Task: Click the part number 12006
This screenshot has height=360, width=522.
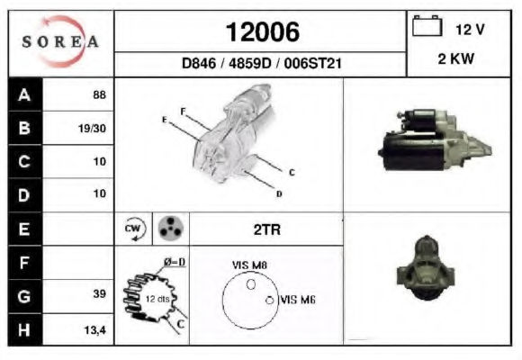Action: pos(263,32)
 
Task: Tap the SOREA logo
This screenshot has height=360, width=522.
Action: pos(60,41)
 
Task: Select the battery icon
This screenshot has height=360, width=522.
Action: pos(427,25)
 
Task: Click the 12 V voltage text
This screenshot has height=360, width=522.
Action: pos(470,30)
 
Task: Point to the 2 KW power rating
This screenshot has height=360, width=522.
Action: pos(455,58)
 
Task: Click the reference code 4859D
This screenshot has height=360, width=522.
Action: pos(250,63)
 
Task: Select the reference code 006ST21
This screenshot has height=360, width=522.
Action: pos(312,63)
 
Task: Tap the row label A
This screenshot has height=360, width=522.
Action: pos(24,94)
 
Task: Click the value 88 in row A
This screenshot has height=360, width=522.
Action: pos(100,94)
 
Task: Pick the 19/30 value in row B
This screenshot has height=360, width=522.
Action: pos(92,128)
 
